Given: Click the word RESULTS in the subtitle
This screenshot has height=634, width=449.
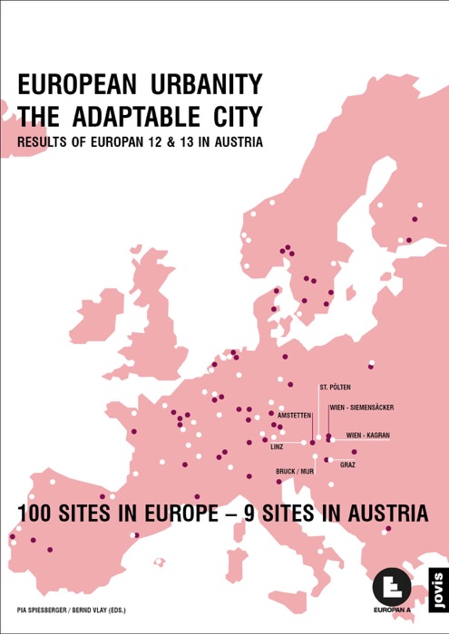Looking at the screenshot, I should (x=43, y=143).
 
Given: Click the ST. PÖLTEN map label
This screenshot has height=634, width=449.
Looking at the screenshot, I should (x=335, y=387).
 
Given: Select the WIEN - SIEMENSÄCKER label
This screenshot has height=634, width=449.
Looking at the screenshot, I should (x=362, y=408).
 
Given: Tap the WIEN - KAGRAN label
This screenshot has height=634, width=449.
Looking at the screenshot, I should (x=368, y=436).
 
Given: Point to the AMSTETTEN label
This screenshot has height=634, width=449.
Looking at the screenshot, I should (x=295, y=415).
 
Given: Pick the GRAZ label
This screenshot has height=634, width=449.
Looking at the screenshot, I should (x=347, y=465).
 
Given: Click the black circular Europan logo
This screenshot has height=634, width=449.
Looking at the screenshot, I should (x=392, y=588).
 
